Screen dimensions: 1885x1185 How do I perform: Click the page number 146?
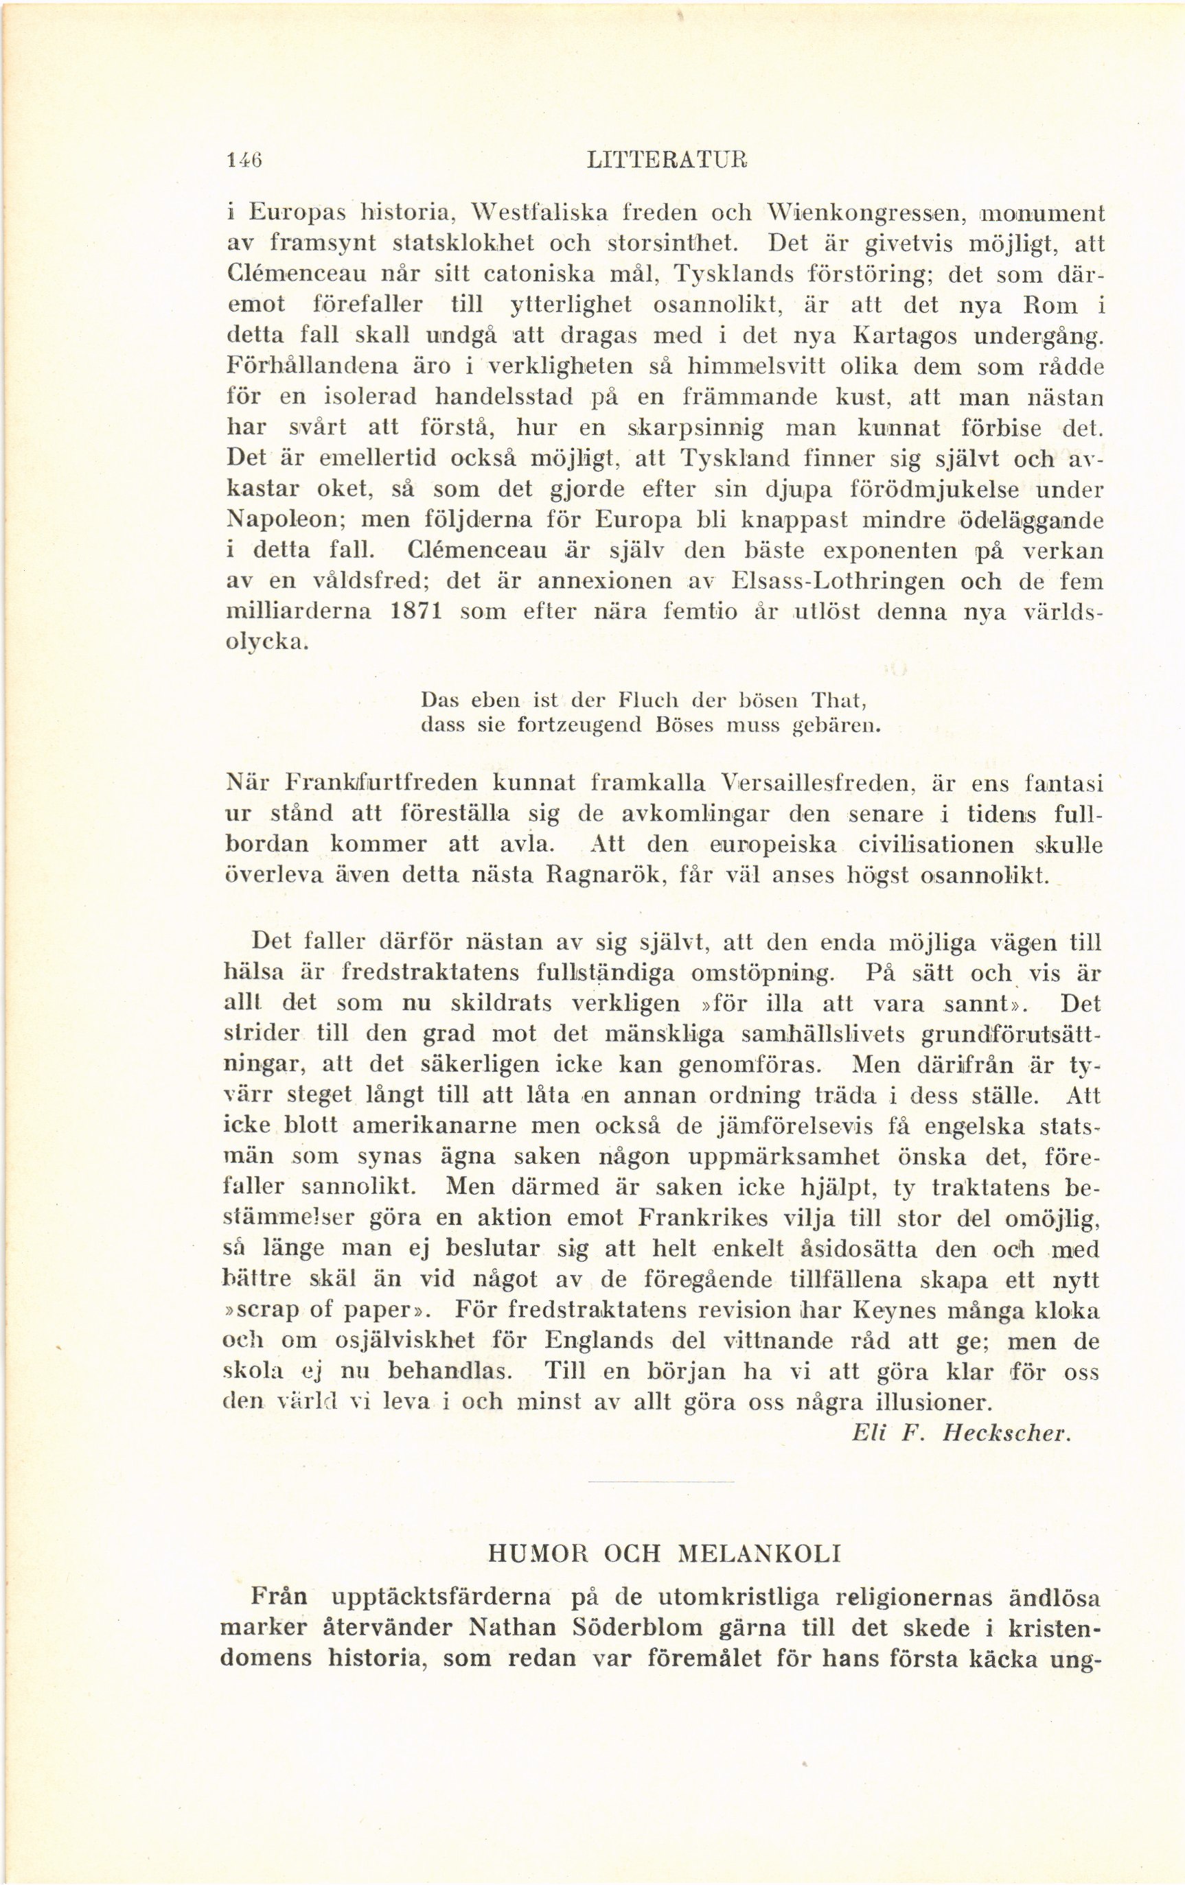point(243,160)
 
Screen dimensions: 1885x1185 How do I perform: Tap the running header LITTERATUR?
point(667,160)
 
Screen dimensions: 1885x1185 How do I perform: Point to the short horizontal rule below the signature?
point(660,1481)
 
